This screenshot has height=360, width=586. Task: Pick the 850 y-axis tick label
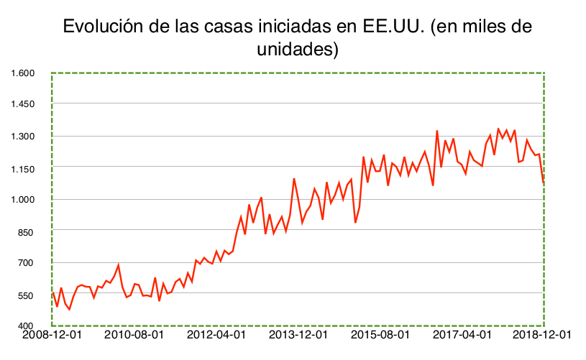click(x=27, y=231)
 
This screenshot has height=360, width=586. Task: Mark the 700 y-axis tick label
click(x=27, y=263)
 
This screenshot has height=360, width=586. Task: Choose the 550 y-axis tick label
click(x=27, y=295)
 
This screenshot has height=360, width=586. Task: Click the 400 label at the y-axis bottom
click(x=27, y=327)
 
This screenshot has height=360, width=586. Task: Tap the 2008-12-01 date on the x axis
click(x=52, y=335)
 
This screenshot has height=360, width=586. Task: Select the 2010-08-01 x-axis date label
click(x=134, y=335)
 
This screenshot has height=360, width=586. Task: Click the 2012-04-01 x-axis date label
click(x=216, y=335)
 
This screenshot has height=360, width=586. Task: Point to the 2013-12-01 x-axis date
click(x=298, y=335)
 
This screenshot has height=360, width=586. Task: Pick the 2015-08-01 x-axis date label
click(x=380, y=335)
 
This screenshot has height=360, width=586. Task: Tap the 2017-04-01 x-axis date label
click(x=462, y=335)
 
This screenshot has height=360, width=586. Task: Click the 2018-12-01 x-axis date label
click(x=544, y=335)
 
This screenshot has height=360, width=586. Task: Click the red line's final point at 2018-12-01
click(x=544, y=184)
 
